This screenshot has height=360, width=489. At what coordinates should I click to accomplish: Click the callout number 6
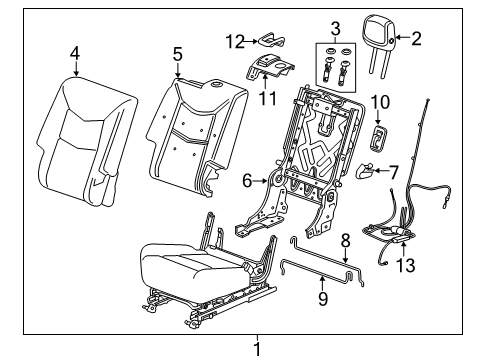tap(246, 181)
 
